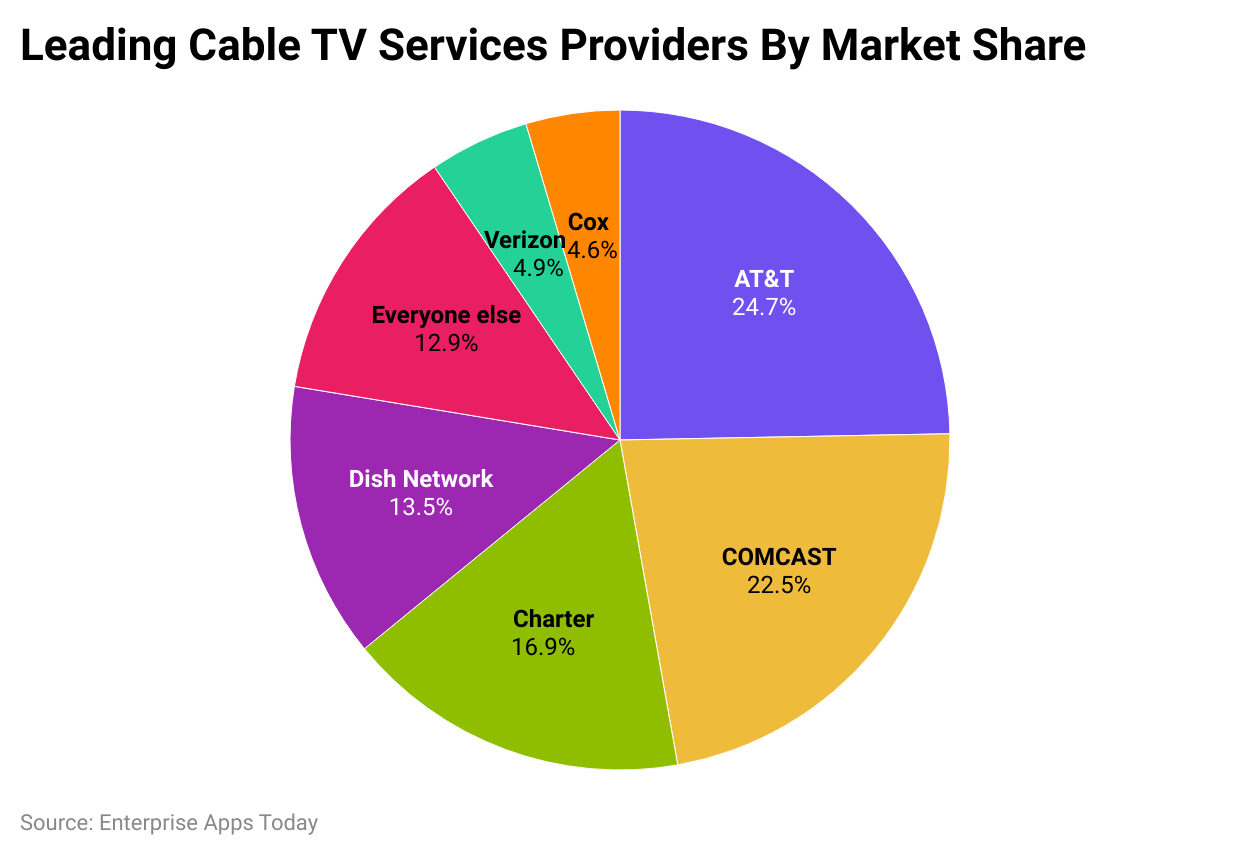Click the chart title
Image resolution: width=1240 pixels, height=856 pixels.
pyautogui.click(x=553, y=46)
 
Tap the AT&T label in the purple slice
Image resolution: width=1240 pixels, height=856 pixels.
pyautogui.click(x=764, y=279)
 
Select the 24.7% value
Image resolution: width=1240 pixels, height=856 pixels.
pyautogui.click(x=764, y=307)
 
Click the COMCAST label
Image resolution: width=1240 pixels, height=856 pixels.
pyautogui.click(x=779, y=557)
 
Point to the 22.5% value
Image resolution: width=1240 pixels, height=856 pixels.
pyautogui.click(x=779, y=585)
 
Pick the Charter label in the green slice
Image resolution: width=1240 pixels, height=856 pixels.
pyautogui.click(x=553, y=619)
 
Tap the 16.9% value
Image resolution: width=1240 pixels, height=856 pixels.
pyautogui.click(x=543, y=647)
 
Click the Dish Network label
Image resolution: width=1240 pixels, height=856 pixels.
pyautogui.click(x=421, y=479)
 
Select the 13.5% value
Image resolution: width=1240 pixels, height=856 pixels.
pyautogui.click(x=421, y=507)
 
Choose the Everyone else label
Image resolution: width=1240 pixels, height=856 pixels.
pyautogui.click(x=446, y=315)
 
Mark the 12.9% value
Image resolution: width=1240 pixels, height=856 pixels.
pyautogui.click(x=446, y=343)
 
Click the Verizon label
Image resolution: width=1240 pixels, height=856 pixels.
pyautogui.click(x=524, y=240)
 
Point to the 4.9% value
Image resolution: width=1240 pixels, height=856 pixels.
pyautogui.click(x=538, y=268)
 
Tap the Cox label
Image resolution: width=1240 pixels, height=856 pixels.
pyautogui.click(x=588, y=223)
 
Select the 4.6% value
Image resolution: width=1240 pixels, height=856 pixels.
pyautogui.click(x=592, y=250)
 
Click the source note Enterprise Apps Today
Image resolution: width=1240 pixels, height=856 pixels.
pyautogui.click(x=169, y=823)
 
